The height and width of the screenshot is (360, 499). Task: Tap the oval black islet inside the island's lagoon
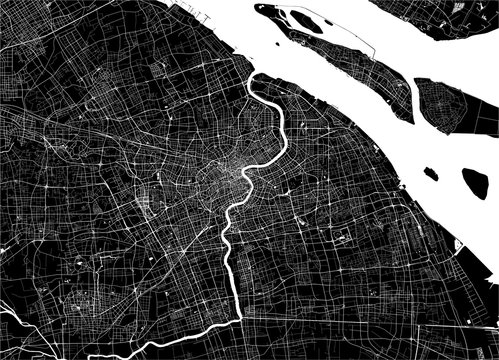point(300,17)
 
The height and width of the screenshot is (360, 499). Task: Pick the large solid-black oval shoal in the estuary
point(475,181)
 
